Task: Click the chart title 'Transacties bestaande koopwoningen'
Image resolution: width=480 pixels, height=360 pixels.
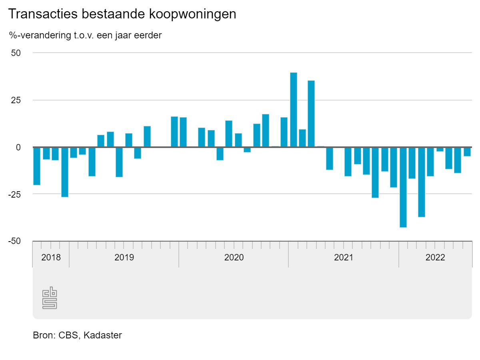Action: coord(122,14)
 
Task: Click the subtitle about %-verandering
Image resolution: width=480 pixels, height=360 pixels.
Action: coord(85,35)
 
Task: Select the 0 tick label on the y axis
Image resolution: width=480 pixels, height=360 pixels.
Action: coord(18,147)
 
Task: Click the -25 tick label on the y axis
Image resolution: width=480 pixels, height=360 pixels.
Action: coord(14,194)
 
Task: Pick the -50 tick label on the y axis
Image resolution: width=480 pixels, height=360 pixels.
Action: coord(14,241)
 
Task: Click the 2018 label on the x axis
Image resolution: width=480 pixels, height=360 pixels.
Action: coord(51,257)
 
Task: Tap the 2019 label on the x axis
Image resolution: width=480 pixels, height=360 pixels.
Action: coord(124,257)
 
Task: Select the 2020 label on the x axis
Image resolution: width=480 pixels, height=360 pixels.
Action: coord(234,257)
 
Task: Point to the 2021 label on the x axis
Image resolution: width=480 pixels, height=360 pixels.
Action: coord(344,257)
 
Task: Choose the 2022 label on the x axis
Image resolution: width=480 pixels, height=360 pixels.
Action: coord(435,257)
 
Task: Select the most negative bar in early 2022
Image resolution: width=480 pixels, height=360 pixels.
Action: coord(403,187)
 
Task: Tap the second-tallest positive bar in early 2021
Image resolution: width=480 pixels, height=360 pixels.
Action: coord(311,114)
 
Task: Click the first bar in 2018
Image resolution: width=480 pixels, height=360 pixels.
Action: coord(37,166)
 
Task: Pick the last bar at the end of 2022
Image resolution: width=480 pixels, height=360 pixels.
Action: coord(467,152)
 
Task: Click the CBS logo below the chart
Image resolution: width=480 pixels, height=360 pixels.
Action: coord(50,298)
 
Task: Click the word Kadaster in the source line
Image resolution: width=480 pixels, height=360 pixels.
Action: coord(103,335)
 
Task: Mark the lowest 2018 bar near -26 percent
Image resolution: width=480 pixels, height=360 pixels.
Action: coord(65,172)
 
